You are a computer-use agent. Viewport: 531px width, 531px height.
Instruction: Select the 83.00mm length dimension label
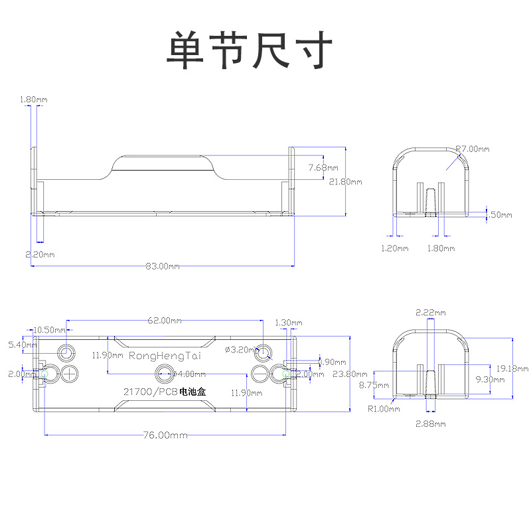[x=163, y=266]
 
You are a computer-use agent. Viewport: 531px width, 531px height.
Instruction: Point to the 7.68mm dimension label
[x=323, y=168]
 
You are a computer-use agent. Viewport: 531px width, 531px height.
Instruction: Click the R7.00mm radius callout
[x=473, y=149]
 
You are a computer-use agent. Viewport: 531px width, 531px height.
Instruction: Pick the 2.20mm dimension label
[x=40, y=254]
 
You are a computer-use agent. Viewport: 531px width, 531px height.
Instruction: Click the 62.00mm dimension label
[x=165, y=321]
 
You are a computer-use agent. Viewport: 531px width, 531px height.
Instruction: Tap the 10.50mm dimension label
[x=49, y=330]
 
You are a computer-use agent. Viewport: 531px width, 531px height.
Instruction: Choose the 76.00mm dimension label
[x=164, y=435]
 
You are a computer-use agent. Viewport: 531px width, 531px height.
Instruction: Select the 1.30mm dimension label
[x=287, y=323]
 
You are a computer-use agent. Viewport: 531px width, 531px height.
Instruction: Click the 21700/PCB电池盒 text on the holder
[x=164, y=392]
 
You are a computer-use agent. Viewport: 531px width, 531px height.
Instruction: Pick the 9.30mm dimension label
[x=491, y=379]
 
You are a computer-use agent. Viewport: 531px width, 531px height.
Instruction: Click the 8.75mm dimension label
[x=369, y=384]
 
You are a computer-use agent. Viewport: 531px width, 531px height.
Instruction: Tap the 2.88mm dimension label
[x=431, y=423]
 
